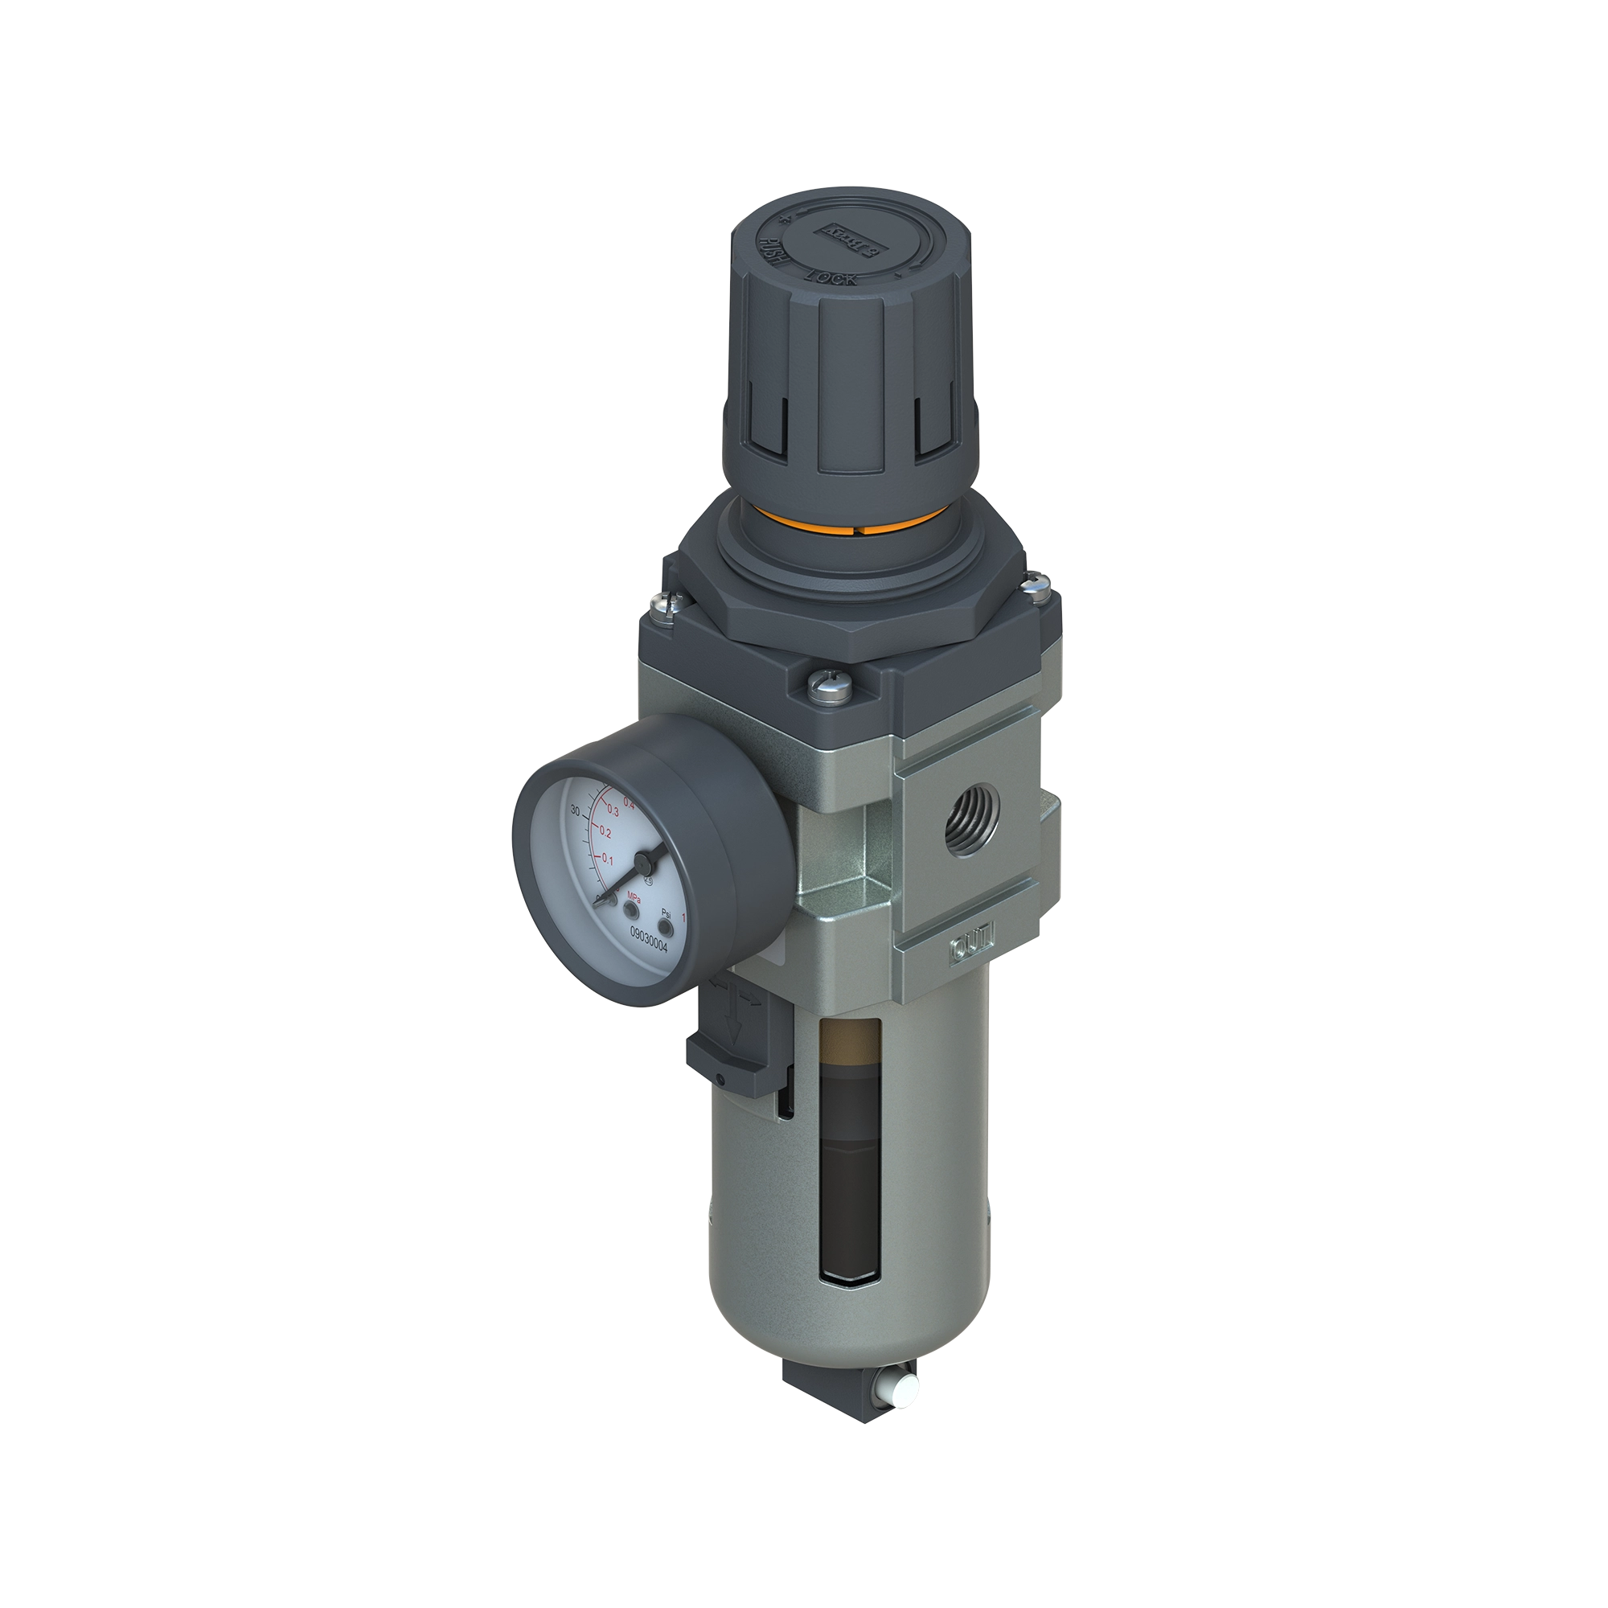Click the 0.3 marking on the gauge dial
(613, 810)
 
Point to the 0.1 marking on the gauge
(607, 859)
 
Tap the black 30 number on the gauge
(575, 810)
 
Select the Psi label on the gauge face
(666, 913)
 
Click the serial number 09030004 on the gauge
(648, 933)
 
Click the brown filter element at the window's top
(848, 1037)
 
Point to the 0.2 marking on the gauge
(605, 833)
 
